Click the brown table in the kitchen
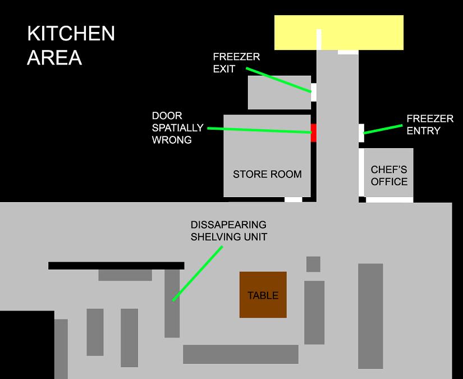coord(263,295)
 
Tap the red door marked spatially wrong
coord(314,133)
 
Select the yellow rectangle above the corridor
coord(359,33)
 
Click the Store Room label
coord(267,174)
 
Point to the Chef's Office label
coord(389,175)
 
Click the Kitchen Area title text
coord(71,45)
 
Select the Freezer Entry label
coord(430,125)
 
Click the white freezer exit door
coord(314,92)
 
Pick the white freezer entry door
coord(361,133)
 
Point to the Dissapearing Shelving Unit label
coord(228,231)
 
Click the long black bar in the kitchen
coord(116,266)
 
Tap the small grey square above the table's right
coord(313,264)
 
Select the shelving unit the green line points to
coord(172,303)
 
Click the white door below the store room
coord(293,199)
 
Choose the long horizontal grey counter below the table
coord(240,354)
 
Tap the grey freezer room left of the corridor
coord(279,93)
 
